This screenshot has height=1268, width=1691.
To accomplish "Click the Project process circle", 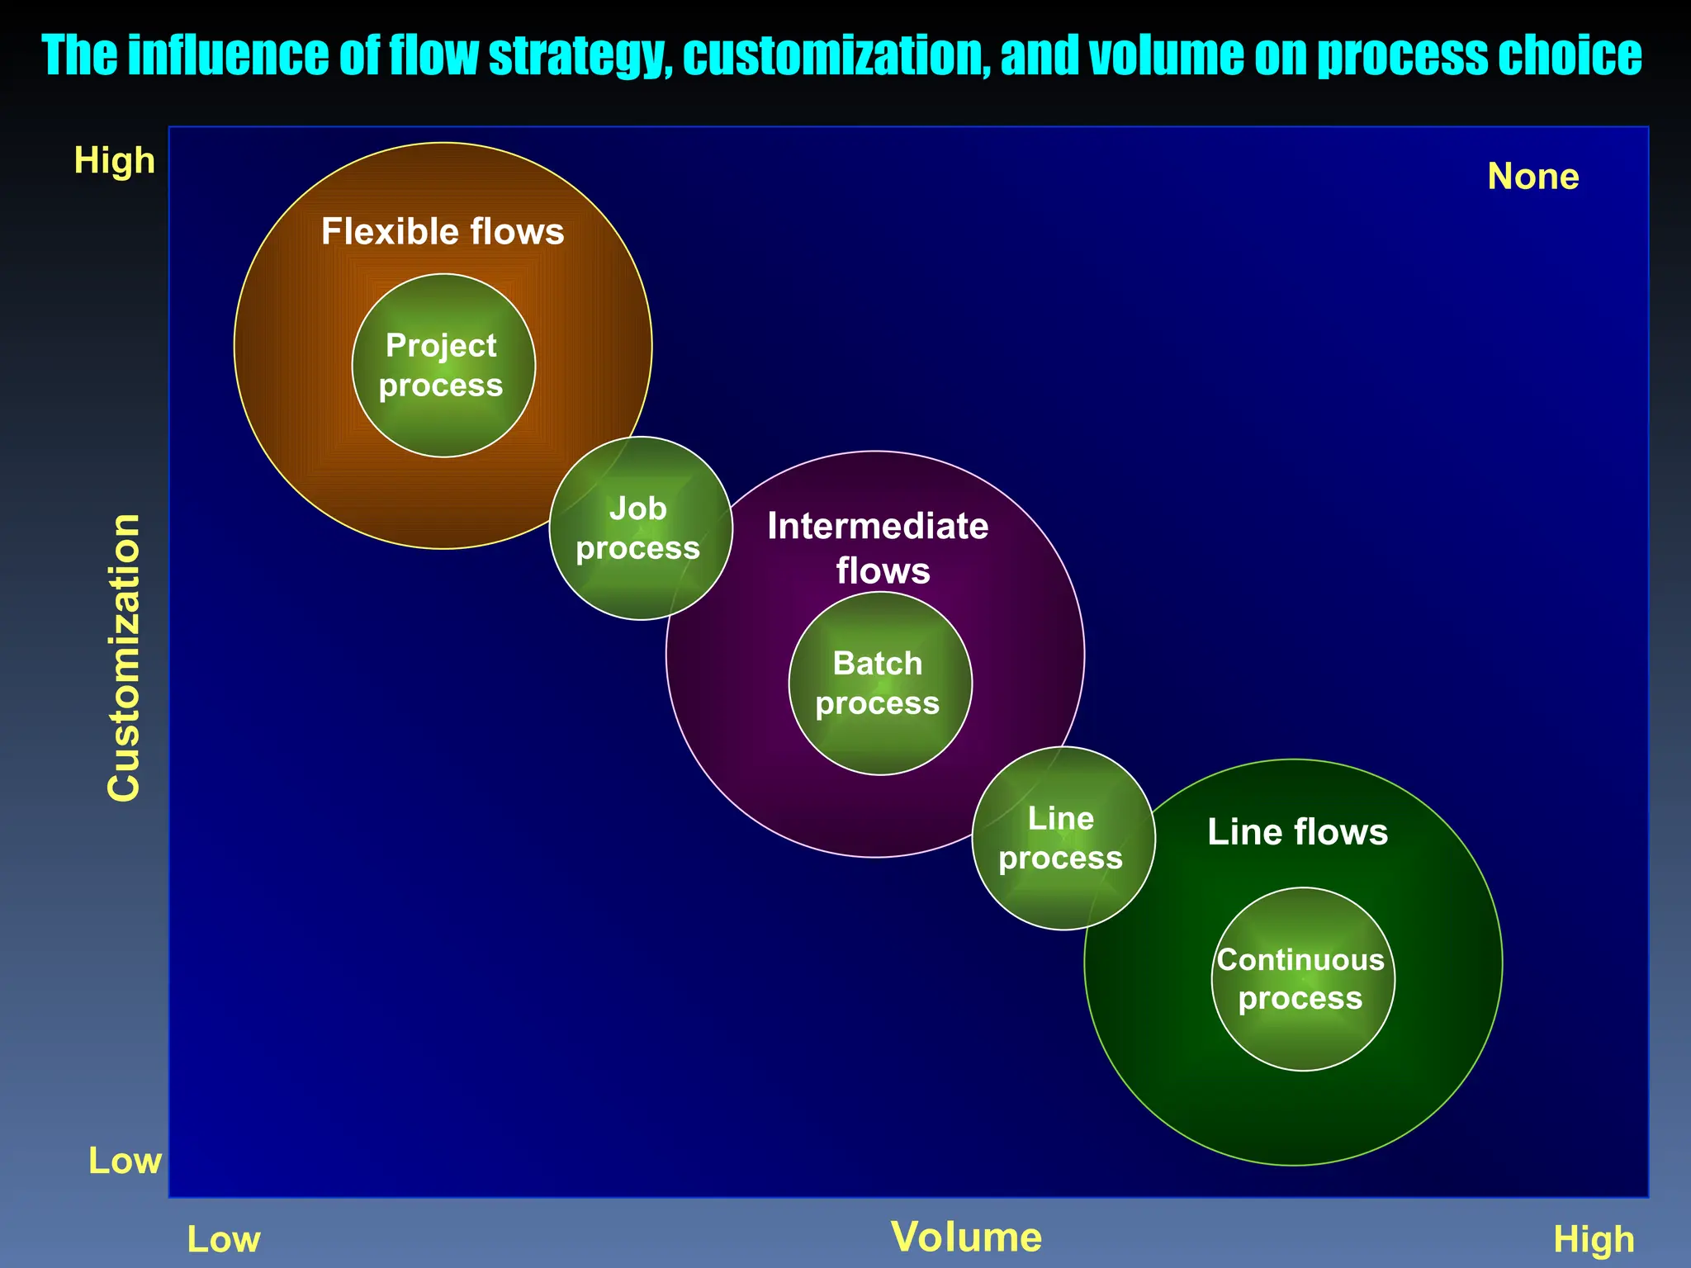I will tap(443, 366).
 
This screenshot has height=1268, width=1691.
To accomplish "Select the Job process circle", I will tap(640, 528).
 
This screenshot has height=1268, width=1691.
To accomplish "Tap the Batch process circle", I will tap(880, 684).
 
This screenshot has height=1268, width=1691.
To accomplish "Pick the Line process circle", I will tap(1063, 838).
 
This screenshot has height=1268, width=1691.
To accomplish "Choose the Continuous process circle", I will tap(1302, 979).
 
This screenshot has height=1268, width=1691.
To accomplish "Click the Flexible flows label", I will tap(443, 232).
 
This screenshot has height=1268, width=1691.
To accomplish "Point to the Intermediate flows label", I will tap(879, 548).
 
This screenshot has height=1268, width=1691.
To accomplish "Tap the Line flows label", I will tap(1297, 832).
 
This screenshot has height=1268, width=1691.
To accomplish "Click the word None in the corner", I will tap(1532, 177).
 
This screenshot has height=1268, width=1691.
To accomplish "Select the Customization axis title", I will tap(125, 657).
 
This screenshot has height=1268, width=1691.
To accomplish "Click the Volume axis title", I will tap(966, 1237).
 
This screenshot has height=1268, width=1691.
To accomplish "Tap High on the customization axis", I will tap(115, 160).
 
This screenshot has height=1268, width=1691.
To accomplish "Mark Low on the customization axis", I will tap(125, 1161).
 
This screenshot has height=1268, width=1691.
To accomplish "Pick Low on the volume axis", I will tap(224, 1240).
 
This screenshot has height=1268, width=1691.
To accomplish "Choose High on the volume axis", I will tap(1594, 1240).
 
